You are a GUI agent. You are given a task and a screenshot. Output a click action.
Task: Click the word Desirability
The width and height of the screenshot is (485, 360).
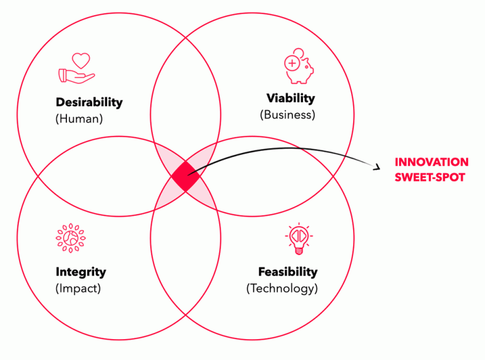pyautogui.click(x=89, y=102)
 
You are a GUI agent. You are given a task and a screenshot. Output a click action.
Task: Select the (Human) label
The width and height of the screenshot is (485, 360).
pyautogui.click(x=79, y=118)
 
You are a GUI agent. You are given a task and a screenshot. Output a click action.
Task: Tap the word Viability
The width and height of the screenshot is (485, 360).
pyautogui.click(x=290, y=99)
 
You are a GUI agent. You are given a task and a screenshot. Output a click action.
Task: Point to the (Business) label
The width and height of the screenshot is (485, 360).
pyautogui.click(x=287, y=115)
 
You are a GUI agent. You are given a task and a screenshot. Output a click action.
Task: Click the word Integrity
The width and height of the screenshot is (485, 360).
pyautogui.click(x=81, y=273)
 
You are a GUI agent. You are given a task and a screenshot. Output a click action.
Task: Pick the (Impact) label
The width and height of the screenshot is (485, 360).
pyautogui.click(x=78, y=289)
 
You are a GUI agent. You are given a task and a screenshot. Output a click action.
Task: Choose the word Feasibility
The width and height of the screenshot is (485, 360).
pyautogui.click(x=287, y=272)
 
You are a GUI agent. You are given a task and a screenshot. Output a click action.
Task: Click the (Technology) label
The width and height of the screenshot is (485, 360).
pyautogui.click(x=282, y=289)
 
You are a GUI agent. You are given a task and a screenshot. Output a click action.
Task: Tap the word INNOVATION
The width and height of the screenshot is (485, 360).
pyautogui.click(x=431, y=163)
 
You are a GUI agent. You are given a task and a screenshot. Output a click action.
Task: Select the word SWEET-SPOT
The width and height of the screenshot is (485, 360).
pyautogui.click(x=429, y=177)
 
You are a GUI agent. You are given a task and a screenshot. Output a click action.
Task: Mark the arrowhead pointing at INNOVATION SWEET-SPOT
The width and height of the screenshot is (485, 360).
pyautogui.click(x=376, y=167)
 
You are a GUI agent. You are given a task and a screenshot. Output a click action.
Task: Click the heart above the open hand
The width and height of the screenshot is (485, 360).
pyautogui.click(x=80, y=61)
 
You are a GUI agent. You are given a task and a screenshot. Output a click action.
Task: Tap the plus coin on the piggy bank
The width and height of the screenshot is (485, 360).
pyautogui.click(x=292, y=63)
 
